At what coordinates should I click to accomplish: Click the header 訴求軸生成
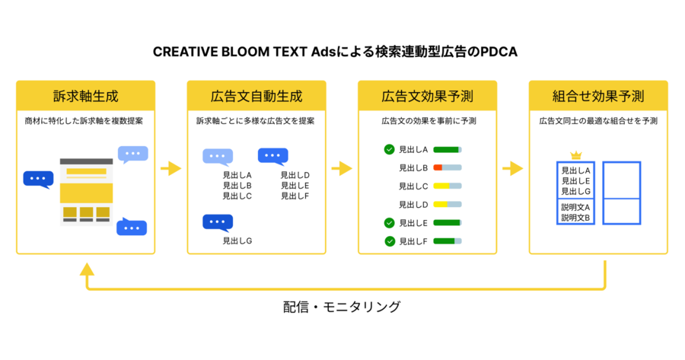[85, 96]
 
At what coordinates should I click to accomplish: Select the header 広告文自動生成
[256, 96]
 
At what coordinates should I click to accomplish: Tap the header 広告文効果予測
[427, 96]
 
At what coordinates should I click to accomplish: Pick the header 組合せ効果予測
[598, 96]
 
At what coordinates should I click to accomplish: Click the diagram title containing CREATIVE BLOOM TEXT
[335, 52]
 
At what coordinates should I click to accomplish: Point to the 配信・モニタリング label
[342, 307]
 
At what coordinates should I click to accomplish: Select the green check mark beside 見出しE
[389, 223]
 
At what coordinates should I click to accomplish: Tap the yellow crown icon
[576, 155]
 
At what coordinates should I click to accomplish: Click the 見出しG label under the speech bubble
[237, 241]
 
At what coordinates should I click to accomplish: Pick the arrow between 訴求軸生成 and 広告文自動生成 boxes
[170, 168]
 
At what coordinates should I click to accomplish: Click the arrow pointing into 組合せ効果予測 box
[513, 168]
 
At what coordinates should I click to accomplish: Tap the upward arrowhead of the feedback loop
[87, 269]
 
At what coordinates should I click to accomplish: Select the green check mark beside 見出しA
[389, 149]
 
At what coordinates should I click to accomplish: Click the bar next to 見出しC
[448, 186]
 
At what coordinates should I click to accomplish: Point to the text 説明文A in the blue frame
[575, 207]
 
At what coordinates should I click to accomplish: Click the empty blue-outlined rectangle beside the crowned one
[622, 193]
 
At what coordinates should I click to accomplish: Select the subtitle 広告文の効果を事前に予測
[429, 121]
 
